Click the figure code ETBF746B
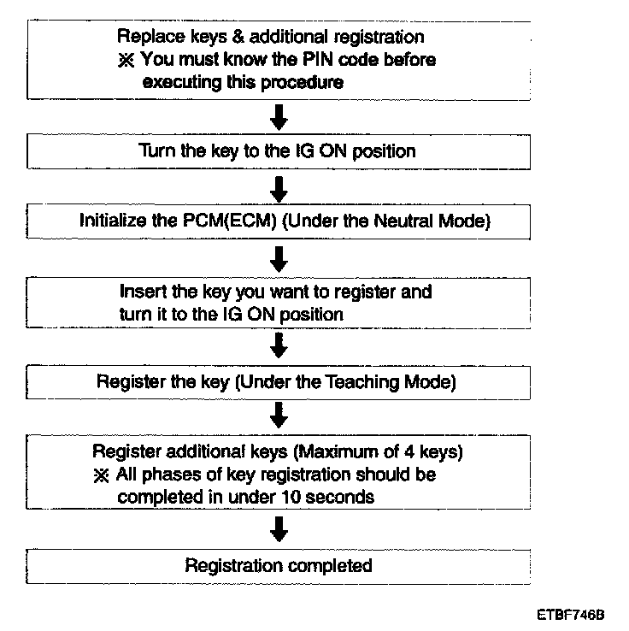tap(571, 614)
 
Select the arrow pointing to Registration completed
tap(278, 532)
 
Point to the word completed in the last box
tap(330, 566)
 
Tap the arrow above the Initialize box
tap(278, 186)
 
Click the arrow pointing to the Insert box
tap(278, 257)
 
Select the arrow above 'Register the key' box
tap(278, 346)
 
